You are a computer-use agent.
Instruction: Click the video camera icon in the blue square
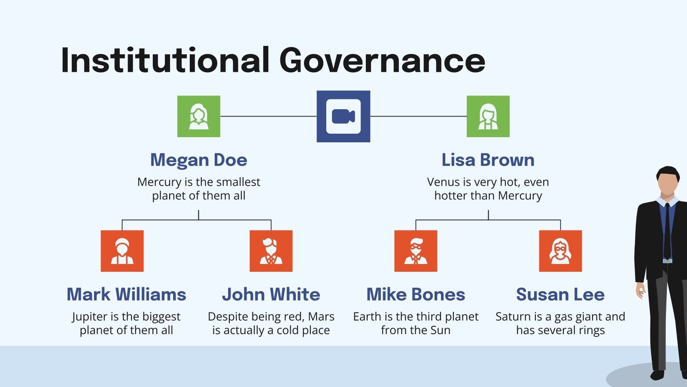click(x=343, y=117)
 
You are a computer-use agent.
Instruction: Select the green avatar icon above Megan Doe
click(x=199, y=117)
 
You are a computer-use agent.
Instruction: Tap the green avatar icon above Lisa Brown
click(x=488, y=117)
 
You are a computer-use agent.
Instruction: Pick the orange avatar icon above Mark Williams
click(x=122, y=251)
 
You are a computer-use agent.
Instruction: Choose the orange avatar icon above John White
click(x=271, y=251)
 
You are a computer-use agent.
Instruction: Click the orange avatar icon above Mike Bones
click(x=416, y=251)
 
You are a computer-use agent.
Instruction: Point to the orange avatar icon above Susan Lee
click(x=560, y=251)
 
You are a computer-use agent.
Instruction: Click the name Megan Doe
click(x=199, y=160)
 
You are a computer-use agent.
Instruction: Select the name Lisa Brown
click(x=488, y=160)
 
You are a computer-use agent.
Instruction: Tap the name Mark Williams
click(x=126, y=295)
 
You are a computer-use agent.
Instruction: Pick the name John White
click(x=271, y=295)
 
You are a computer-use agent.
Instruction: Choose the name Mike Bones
click(x=416, y=295)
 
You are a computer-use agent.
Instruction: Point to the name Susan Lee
click(x=560, y=295)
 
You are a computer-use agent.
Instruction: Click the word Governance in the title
click(x=382, y=60)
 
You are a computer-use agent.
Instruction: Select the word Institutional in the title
click(x=165, y=60)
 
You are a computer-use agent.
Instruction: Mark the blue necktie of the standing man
click(x=667, y=232)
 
